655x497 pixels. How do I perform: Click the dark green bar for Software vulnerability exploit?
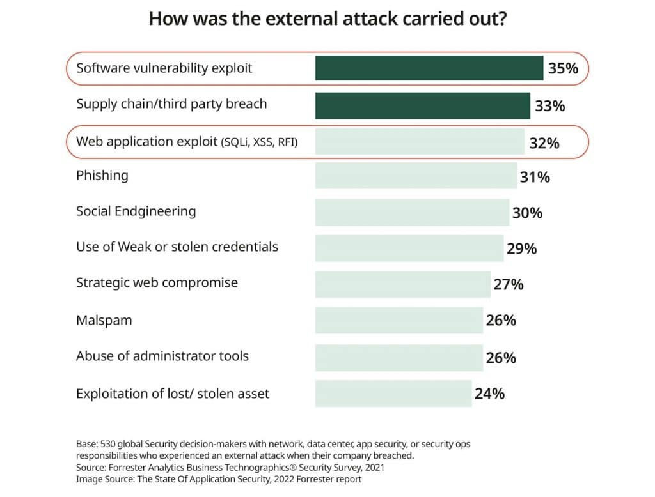pos(429,68)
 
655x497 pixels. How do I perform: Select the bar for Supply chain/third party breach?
pos(422,105)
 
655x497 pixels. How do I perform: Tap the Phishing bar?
pos(416,176)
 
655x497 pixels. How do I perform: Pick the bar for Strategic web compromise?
pos(403,284)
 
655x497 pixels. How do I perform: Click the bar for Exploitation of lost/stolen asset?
pos(393,394)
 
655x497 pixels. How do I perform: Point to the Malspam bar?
pos(399,320)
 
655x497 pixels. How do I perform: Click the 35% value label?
pos(563,68)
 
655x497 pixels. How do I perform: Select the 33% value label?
pos(550,105)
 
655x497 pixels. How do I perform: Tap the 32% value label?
pos(544,143)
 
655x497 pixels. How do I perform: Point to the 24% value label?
pos(489,394)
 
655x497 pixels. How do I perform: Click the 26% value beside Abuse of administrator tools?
pos(501,357)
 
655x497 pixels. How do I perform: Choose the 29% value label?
pos(521,248)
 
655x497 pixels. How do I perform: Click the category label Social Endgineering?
pos(136,211)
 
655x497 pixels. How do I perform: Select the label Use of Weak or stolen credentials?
pos(177,247)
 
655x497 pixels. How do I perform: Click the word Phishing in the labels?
pos(102,176)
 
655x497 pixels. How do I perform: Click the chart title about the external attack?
pos(327,19)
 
